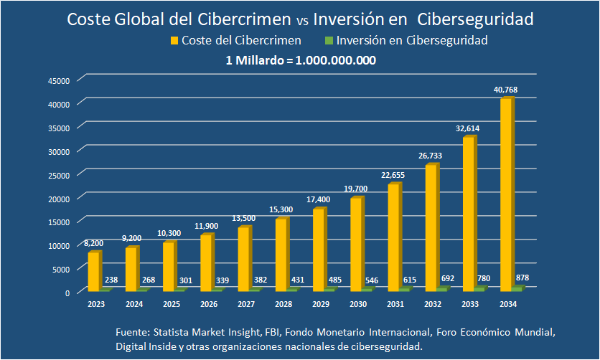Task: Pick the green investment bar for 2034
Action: pos(517,288)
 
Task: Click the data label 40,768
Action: pos(505,90)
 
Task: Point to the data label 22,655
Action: pos(393,174)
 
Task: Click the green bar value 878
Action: pos(522,278)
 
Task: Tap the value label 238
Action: pos(111,280)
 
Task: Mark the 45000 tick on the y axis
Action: pos(58,80)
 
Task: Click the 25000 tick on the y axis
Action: pos(58,175)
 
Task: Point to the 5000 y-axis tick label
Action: pos(60,270)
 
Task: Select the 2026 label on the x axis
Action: pos(208,305)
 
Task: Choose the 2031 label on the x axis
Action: pos(395,305)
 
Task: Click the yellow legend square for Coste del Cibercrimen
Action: pos(173,41)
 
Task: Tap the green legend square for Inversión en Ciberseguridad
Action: pos(329,41)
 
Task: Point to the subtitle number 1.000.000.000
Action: pos(337,60)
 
